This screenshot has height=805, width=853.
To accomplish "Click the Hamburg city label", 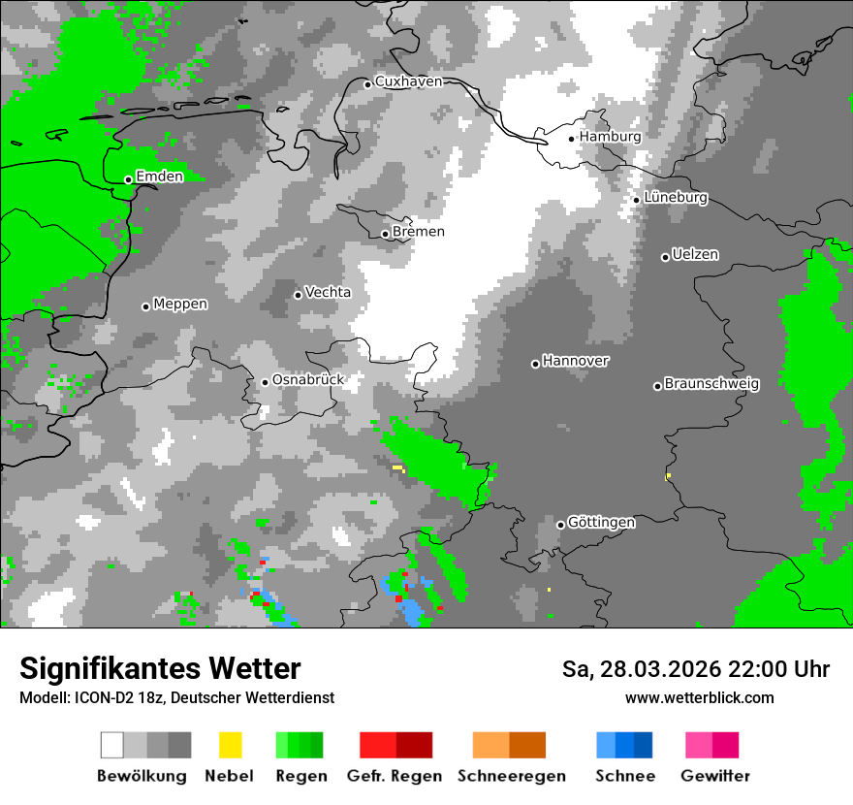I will coord(610,137).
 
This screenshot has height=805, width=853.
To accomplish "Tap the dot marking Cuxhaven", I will coord(367,84).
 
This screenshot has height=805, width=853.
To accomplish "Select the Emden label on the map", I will coord(159,177).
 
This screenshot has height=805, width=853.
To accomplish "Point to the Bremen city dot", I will coord(385,234).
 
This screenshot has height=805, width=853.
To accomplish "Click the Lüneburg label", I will coord(676,198).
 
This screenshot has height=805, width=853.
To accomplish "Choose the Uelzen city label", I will coord(695,255).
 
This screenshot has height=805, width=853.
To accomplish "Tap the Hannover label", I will coord(575,361).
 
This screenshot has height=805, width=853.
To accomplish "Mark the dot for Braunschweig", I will coord(657,386).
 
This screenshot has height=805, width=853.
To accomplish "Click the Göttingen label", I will coord(601,522).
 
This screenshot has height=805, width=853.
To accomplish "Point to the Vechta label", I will coord(328,292).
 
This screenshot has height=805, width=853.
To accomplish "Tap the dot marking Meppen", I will coord(145,306).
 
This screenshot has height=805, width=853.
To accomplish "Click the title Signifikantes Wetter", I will coord(160,668).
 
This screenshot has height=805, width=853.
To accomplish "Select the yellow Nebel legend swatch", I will coord(230,745).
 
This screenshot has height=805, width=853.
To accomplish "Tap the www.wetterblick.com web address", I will coord(699,697).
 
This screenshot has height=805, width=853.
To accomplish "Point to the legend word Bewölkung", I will coord(142,776).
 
